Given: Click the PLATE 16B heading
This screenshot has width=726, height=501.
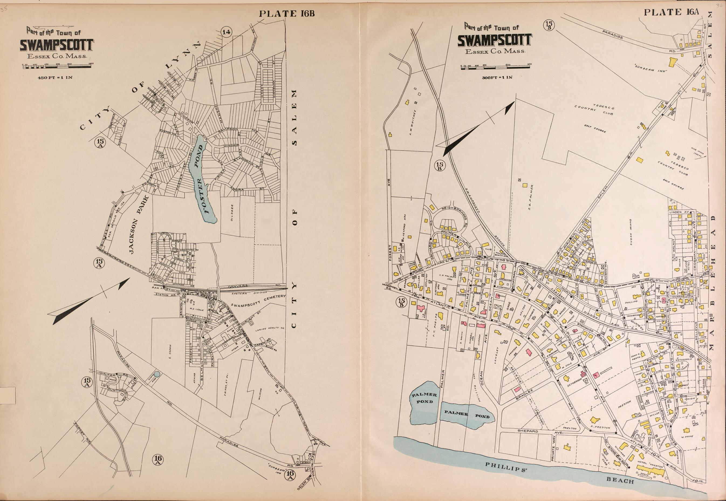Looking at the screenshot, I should pyautogui.click(x=286, y=13).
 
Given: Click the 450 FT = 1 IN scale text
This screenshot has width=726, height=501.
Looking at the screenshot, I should pyautogui.click(x=55, y=77).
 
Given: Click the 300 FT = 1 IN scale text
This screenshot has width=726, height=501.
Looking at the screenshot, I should pyautogui.click(x=497, y=77).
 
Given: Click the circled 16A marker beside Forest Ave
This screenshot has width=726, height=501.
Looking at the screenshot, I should pyautogui.click(x=157, y=460).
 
